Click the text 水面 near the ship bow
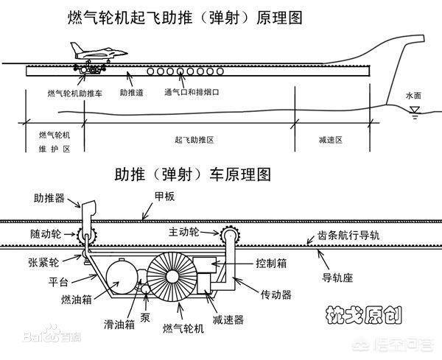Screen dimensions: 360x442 415,96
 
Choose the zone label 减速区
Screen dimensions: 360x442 329,138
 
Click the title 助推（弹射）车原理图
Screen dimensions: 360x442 193,175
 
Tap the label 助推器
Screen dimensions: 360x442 49,198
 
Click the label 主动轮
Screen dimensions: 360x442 183,231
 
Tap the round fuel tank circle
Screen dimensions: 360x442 121,279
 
